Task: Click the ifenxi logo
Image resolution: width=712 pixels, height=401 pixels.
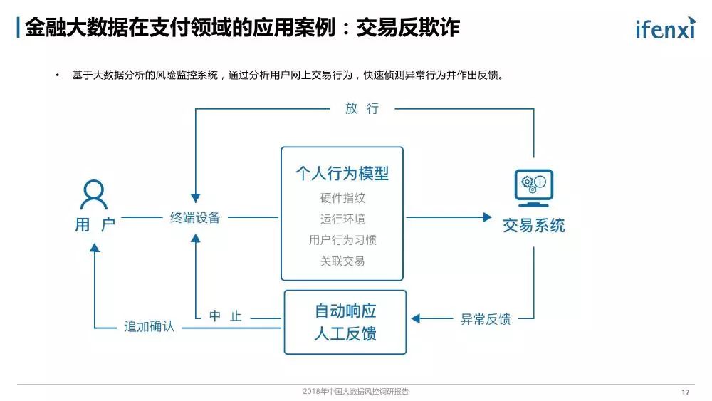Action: [664, 28]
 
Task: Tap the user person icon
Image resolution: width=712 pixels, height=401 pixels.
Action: [94, 194]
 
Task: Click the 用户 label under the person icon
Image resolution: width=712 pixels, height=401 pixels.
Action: [95, 225]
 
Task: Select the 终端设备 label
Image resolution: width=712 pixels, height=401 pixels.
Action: [195, 218]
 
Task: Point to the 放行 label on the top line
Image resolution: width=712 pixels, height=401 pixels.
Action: [362, 108]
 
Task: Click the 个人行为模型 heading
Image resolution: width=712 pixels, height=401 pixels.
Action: [342, 173]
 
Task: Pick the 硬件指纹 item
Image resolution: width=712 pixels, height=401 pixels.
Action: [342, 198]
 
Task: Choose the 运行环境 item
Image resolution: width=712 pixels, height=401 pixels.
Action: [342, 219]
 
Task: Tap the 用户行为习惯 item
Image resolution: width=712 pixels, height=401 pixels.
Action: [342, 240]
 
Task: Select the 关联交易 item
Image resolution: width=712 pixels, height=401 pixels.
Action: [342, 261]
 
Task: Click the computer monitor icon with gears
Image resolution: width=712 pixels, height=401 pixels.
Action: [534, 187]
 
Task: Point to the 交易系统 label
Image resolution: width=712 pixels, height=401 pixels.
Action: [534, 226]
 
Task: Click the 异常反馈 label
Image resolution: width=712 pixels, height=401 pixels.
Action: [486, 319]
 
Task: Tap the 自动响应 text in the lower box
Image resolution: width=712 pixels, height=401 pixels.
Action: [345, 311]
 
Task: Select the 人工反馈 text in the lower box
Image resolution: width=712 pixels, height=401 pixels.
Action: [345, 333]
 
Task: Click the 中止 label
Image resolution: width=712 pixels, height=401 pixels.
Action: [226, 316]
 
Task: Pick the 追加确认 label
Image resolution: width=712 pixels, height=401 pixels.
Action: [149, 327]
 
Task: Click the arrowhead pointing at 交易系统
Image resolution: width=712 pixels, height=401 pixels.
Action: [487, 217]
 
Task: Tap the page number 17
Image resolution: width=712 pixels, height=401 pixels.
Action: [686, 392]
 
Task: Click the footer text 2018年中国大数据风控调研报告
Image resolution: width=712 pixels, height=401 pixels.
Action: [355, 392]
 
